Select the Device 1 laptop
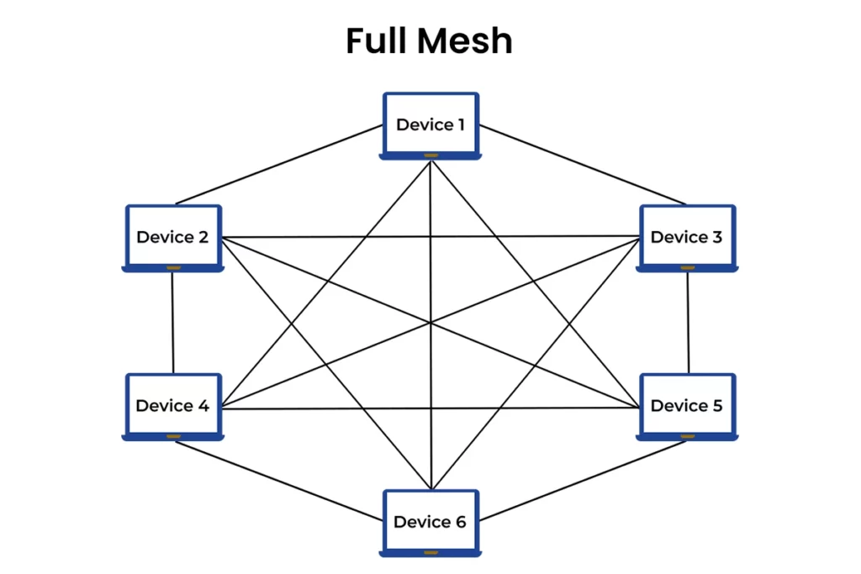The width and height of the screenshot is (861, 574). [x=430, y=125]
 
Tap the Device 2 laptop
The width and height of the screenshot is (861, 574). [x=172, y=238]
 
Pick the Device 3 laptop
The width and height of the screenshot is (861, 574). [x=686, y=238]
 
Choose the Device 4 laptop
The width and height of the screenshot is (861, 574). [x=172, y=406]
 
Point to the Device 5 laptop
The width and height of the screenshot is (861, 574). [x=686, y=406]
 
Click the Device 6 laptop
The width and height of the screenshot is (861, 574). [x=430, y=522]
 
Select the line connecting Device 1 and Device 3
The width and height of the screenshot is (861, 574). [x=582, y=165]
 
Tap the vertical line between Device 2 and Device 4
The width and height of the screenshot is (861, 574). [x=172, y=322]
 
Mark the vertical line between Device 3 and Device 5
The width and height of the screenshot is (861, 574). [x=688, y=322]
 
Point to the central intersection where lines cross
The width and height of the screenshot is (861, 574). [x=430, y=323]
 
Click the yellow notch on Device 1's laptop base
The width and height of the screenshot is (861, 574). [x=430, y=155]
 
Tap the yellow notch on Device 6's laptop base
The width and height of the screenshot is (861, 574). [x=430, y=553]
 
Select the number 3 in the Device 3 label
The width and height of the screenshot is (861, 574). [x=716, y=238]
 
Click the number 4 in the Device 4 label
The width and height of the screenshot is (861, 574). [x=203, y=406]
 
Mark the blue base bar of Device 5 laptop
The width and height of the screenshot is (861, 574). [x=686, y=436]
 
